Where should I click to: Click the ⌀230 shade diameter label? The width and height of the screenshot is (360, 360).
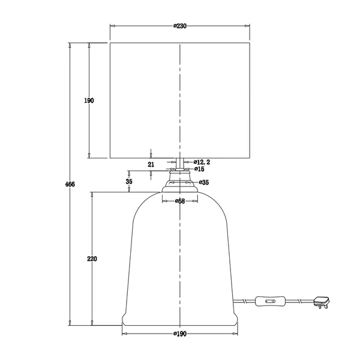[180, 26]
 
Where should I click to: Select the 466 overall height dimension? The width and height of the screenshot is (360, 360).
[70, 184]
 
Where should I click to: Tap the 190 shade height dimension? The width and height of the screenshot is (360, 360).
[89, 101]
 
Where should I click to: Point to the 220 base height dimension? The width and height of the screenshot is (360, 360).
[92, 259]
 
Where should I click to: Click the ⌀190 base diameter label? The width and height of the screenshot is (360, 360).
[180, 334]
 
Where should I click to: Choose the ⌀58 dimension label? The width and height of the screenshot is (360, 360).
[180, 201]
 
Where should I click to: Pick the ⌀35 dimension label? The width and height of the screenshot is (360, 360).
[204, 182]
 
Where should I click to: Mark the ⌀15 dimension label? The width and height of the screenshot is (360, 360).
[199, 169]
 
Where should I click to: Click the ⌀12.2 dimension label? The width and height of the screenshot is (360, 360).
[202, 162]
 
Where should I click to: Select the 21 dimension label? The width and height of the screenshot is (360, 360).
[151, 164]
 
